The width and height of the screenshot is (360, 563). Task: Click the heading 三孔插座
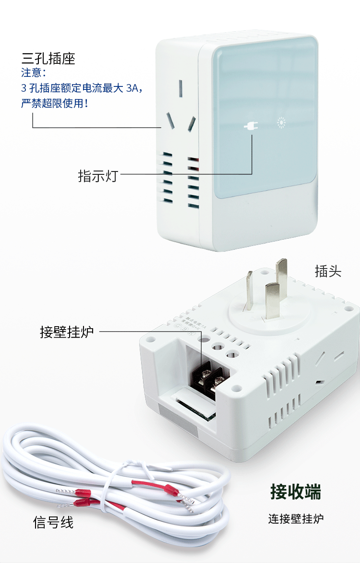48,59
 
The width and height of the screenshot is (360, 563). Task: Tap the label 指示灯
97,176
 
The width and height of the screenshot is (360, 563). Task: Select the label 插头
328,271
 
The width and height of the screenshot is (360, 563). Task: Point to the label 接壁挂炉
67,332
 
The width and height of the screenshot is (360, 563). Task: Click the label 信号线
53,522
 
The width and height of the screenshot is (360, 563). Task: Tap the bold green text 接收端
295,492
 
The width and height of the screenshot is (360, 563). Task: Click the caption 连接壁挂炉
296,519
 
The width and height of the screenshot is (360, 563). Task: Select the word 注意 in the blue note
31,73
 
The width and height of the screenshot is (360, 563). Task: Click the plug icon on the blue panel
251,126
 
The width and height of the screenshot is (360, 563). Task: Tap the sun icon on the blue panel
281,122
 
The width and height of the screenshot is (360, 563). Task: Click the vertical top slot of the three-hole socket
181,88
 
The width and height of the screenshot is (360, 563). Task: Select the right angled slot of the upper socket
192,124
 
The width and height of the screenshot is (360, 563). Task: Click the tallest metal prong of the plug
281,274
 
